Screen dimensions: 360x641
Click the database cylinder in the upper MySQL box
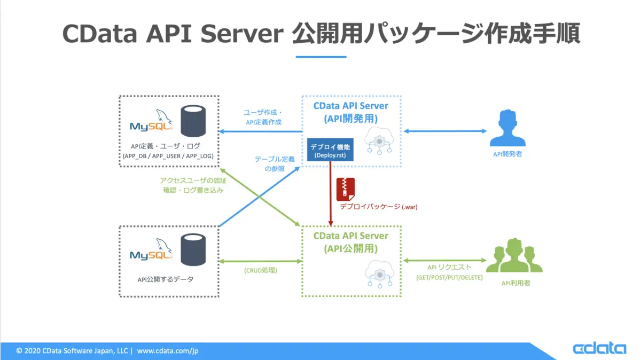click(193, 121)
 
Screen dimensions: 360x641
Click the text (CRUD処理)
click(261, 270)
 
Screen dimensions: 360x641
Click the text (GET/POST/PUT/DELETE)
click(449, 277)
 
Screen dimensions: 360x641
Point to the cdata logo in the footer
click(599, 348)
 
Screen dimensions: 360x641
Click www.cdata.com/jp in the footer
click(168, 351)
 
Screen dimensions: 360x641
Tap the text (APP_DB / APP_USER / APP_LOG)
click(168, 156)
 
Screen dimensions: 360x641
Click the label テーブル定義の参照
click(274, 163)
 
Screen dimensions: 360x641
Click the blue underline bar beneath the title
click(321, 57)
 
